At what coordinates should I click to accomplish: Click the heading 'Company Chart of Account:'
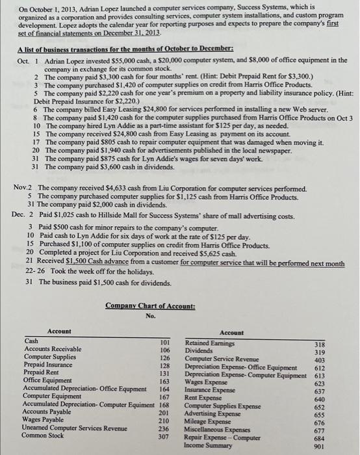(x=141, y=305)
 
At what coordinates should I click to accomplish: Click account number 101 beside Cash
(x=164, y=341)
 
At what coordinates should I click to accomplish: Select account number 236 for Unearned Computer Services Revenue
(x=164, y=411)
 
